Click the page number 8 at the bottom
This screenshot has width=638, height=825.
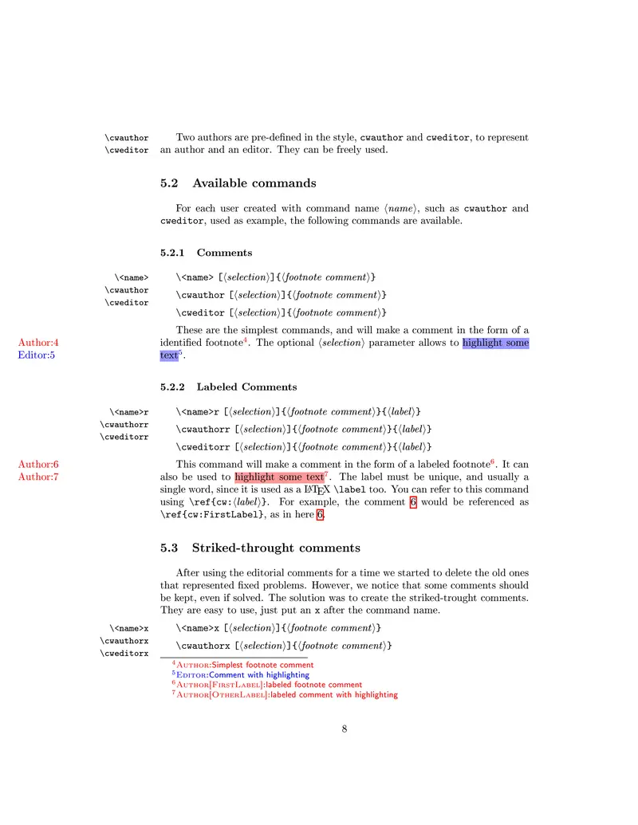coord(344,728)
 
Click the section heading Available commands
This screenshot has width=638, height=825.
coord(251,183)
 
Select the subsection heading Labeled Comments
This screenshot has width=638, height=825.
coord(246,387)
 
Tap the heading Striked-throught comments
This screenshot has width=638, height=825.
coord(276,548)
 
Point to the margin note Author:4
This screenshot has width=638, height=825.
coord(38,343)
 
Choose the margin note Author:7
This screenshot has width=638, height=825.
coord(38,477)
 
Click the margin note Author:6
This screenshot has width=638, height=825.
coord(38,464)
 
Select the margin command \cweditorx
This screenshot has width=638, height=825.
coord(124,654)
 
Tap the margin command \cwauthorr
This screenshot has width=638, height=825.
coord(124,425)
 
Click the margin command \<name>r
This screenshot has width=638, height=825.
coord(128,412)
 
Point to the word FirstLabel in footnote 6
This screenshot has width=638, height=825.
coord(235,685)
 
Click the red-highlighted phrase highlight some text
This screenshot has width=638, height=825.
coord(279,477)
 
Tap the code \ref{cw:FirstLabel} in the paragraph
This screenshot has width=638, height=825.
coord(211,515)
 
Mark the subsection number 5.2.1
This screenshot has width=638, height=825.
coord(172,253)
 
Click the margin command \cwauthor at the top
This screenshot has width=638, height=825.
coord(127,138)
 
